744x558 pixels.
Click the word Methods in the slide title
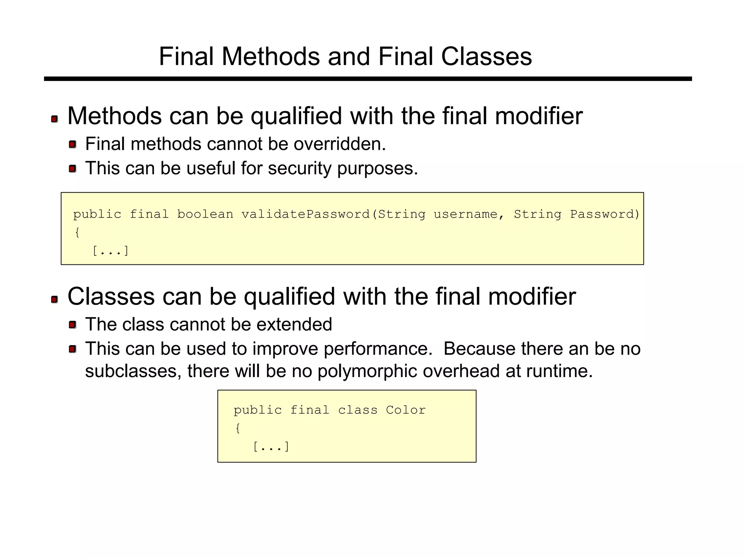[x=271, y=57]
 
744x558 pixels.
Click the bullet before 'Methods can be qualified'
[x=54, y=119]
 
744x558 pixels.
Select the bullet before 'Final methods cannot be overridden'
[x=72, y=145]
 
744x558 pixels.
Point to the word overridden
[x=339, y=144]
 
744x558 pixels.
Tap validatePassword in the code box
[x=306, y=214]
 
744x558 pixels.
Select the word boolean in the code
[x=205, y=214]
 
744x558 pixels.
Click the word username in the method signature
[x=465, y=214]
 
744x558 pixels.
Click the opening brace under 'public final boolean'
[x=77, y=232]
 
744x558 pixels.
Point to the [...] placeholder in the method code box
[x=110, y=251]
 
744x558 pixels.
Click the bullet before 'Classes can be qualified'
[x=54, y=299]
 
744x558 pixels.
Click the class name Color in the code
[x=405, y=410]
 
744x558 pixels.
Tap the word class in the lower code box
[x=357, y=410]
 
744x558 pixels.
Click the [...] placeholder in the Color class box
[x=271, y=446]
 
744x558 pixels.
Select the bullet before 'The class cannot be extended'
[x=72, y=325]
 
